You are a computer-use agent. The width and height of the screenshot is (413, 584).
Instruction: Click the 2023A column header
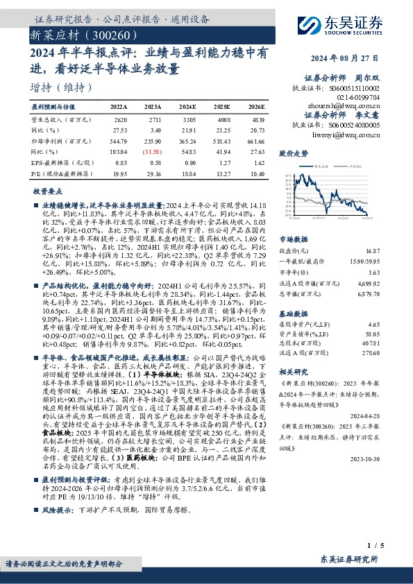click(153, 108)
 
